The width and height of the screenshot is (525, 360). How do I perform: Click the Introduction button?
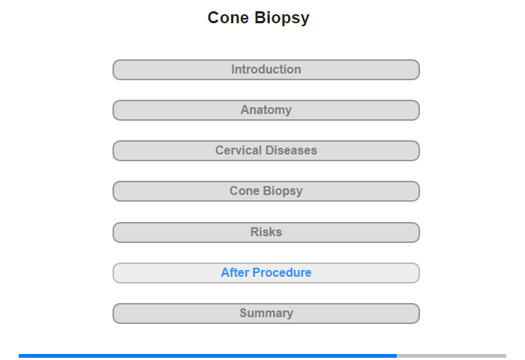click(265, 70)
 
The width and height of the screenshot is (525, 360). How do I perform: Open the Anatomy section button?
click(265, 110)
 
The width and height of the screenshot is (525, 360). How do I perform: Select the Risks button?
click(265, 232)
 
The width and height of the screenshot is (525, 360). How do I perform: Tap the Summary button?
click(265, 313)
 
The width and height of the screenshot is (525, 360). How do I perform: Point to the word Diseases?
click(291, 150)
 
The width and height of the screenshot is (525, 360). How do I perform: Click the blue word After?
click(235, 272)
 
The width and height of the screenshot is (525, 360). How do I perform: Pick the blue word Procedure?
click(282, 272)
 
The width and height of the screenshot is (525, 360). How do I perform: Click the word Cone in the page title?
click(228, 18)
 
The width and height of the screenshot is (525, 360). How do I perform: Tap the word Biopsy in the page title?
click(282, 19)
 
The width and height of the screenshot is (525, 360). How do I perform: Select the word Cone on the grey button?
click(244, 191)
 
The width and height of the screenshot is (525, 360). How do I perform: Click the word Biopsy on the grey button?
click(283, 191)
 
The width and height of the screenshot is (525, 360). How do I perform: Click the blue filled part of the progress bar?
click(208, 355)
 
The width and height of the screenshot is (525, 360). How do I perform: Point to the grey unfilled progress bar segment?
click(451, 355)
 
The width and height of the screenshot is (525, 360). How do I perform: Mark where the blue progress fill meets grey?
click(397, 355)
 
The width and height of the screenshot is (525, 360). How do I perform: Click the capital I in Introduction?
click(233, 69)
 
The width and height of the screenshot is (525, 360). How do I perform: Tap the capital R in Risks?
click(254, 232)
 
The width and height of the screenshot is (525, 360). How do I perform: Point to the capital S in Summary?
click(244, 313)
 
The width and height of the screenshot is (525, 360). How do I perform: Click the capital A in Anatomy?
click(245, 109)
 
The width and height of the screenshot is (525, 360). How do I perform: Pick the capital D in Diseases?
click(270, 150)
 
